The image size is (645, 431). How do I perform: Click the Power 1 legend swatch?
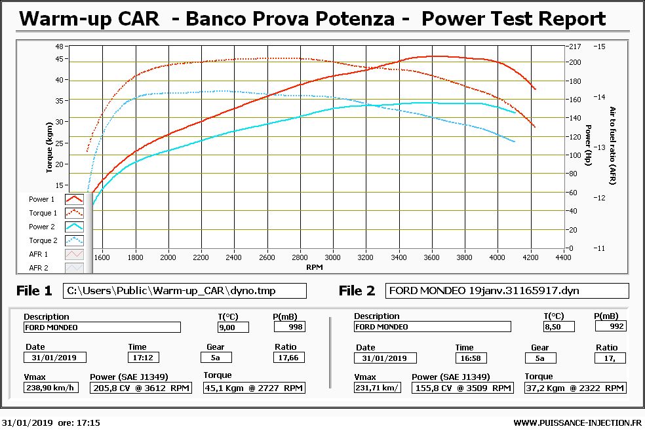click(x=75, y=199)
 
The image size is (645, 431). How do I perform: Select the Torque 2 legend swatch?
click(x=75, y=240)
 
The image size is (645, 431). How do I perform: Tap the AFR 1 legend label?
click(x=38, y=254)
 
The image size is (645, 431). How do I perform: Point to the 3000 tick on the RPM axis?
click(x=332, y=257)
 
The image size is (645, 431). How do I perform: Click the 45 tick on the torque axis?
click(x=60, y=59)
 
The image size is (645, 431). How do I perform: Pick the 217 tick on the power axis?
click(x=575, y=47)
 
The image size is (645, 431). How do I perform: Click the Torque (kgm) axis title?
click(x=49, y=147)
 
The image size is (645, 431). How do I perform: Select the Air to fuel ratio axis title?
click(x=612, y=146)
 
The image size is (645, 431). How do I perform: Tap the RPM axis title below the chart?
click(x=314, y=267)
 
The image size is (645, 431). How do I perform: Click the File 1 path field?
click(x=185, y=291)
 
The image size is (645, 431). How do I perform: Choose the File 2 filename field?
click(x=507, y=291)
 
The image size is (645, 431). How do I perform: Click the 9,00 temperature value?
click(x=233, y=328)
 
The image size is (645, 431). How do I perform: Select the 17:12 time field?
click(x=143, y=358)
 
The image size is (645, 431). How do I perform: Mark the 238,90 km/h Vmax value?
click(x=51, y=388)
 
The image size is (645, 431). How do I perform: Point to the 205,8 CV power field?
click(x=141, y=388)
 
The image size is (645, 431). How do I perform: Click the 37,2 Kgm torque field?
click(x=575, y=388)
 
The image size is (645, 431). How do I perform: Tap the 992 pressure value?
click(x=611, y=326)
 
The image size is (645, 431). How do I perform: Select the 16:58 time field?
click(x=471, y=358)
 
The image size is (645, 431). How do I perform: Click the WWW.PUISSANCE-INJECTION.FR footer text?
click(x=577, y=422)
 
